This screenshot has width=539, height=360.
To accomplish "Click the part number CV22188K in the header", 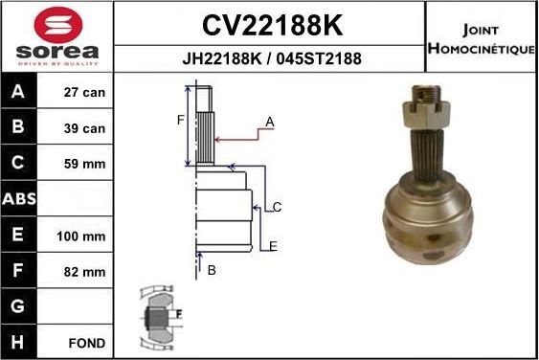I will click(x=270, y=23).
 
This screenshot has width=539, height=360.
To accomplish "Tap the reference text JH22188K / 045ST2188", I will click(x=271, y=58).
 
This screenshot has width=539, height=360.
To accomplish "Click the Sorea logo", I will click(x=56, y=35).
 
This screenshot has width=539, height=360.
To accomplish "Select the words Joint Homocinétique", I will click(x=481, y=36).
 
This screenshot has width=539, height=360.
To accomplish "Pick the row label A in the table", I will click(x=19, y=94).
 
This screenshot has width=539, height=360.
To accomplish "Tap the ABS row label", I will click(x=19, y=200).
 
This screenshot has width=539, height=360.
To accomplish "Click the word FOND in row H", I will click(x=86, y=342).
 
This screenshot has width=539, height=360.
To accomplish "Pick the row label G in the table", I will click(x=19, y=306).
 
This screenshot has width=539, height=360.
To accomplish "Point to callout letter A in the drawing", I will click(x=270, y=122).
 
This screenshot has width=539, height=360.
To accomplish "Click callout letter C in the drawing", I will click(x=276, y=207).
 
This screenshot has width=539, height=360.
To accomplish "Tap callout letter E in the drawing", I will click(x=273, y=246).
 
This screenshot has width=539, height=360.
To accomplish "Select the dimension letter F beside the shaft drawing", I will click(x=179, y=120).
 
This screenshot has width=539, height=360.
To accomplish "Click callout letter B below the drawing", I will click(x=212, y=271).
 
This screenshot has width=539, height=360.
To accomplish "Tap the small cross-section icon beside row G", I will click(x=159, y=314).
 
